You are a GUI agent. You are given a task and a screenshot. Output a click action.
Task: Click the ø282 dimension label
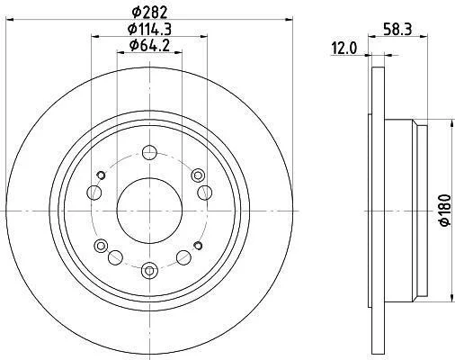pyautogui.click(x=149, y=12)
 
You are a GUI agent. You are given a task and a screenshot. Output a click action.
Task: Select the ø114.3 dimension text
pyautogui.click(x=149, y=29)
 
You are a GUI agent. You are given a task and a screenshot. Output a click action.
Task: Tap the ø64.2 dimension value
pyautogui.click(x=149, y=45)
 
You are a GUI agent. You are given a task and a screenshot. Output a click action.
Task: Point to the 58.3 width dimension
pyautogui.click(x=397, y=30)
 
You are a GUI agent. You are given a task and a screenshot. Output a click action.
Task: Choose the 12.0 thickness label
pyautogui.click(x=344, y=49)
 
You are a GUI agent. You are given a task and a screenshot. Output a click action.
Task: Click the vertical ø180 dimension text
pyautogui.click(x=444, y=210)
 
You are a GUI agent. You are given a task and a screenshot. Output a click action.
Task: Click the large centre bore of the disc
pyautogui.click(x=149, y=211)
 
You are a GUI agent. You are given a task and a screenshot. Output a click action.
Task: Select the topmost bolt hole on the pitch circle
pyautogui.click(x=149, y=152)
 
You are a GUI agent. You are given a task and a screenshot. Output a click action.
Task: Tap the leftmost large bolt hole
pyautogui.click(x=94, y=193)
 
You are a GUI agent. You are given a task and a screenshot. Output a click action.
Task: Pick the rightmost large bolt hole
pyautogui.click(x=205, y=193)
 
